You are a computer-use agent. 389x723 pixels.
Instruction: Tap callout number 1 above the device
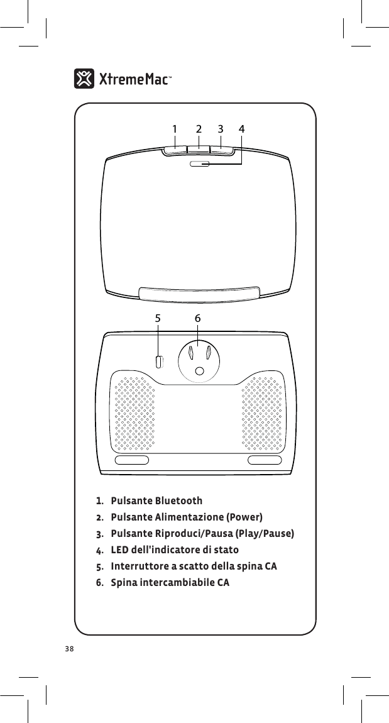[175, 129]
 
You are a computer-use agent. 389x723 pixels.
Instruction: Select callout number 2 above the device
[199, 129]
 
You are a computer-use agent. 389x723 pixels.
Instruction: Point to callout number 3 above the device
[221, 129]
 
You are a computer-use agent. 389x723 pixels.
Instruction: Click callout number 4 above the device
[242, 129]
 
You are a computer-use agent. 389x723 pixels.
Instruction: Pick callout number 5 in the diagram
[158, 319]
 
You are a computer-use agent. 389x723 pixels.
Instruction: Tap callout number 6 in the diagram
[197, 319]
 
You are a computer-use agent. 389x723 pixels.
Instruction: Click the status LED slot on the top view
[200, 164]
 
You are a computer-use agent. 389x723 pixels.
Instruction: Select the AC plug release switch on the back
[159, 361]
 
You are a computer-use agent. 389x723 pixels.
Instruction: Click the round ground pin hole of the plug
[199, 372]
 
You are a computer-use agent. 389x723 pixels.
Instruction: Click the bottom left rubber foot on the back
[132, 460]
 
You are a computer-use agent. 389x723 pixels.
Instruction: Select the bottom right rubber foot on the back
[265, 460]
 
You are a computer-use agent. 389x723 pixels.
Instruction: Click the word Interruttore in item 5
[141, 566]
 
